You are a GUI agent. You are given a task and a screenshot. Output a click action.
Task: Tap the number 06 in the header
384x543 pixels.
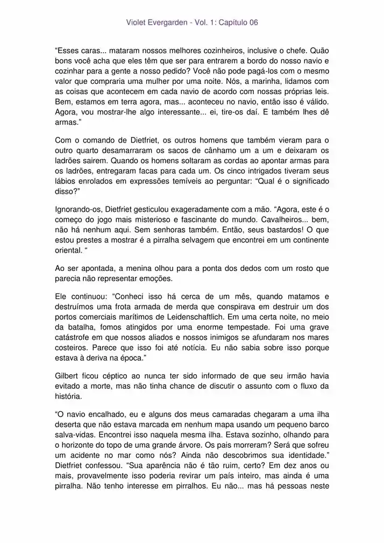click(253, 23)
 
